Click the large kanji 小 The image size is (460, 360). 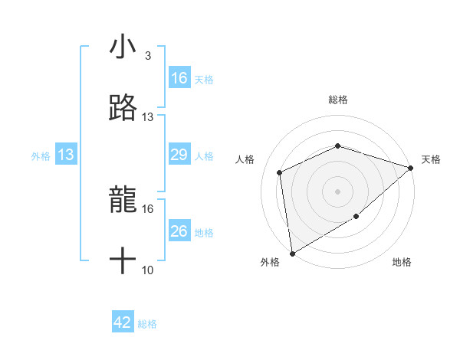123,47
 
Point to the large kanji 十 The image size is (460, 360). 123,261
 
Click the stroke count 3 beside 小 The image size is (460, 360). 148,56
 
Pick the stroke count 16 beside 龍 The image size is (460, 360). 148,208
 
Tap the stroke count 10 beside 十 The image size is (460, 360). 148,270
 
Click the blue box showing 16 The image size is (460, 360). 179,78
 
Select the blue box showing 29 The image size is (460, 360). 179,155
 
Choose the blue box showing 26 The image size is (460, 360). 179,231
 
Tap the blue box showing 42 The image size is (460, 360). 123,322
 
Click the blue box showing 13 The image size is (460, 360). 66,155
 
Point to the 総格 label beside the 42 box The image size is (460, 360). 147,324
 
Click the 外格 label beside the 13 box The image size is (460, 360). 41,156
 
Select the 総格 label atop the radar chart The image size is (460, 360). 337,100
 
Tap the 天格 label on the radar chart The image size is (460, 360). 431,159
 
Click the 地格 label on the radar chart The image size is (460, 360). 402,262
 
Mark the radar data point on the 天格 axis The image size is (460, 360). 411,168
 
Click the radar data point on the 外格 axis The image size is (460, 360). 292,253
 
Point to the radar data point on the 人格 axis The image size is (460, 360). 280,172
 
